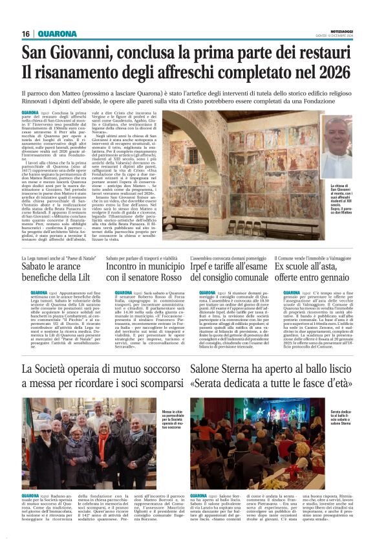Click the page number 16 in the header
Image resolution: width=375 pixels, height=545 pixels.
pyautogui.click(x=25, y=34)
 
